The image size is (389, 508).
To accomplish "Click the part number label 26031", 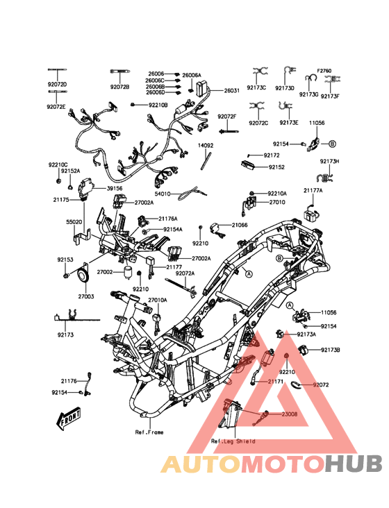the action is [x=232, y=90].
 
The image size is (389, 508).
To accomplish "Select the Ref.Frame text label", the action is [x=149, y=432].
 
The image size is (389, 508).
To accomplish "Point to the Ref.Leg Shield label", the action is [x=233, y=441].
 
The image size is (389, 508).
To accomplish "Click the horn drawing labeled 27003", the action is [x=83, y=274].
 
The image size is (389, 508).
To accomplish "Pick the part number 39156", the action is [x=115, y=188].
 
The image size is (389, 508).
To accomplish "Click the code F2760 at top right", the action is [x=324, y=71].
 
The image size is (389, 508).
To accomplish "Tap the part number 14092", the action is [x=206, y=146].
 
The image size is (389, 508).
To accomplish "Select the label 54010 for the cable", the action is [x=163, y=194].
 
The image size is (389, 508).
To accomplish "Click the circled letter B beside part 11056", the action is [x=332, y=144].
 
